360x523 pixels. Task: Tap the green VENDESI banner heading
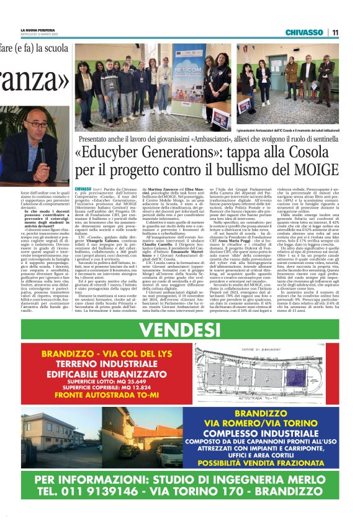(x=180, y=327)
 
